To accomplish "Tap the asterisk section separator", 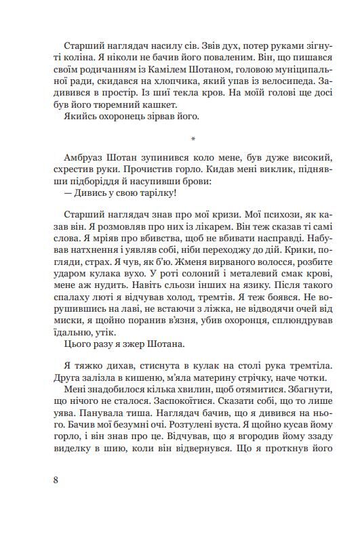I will tap(193, 140).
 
